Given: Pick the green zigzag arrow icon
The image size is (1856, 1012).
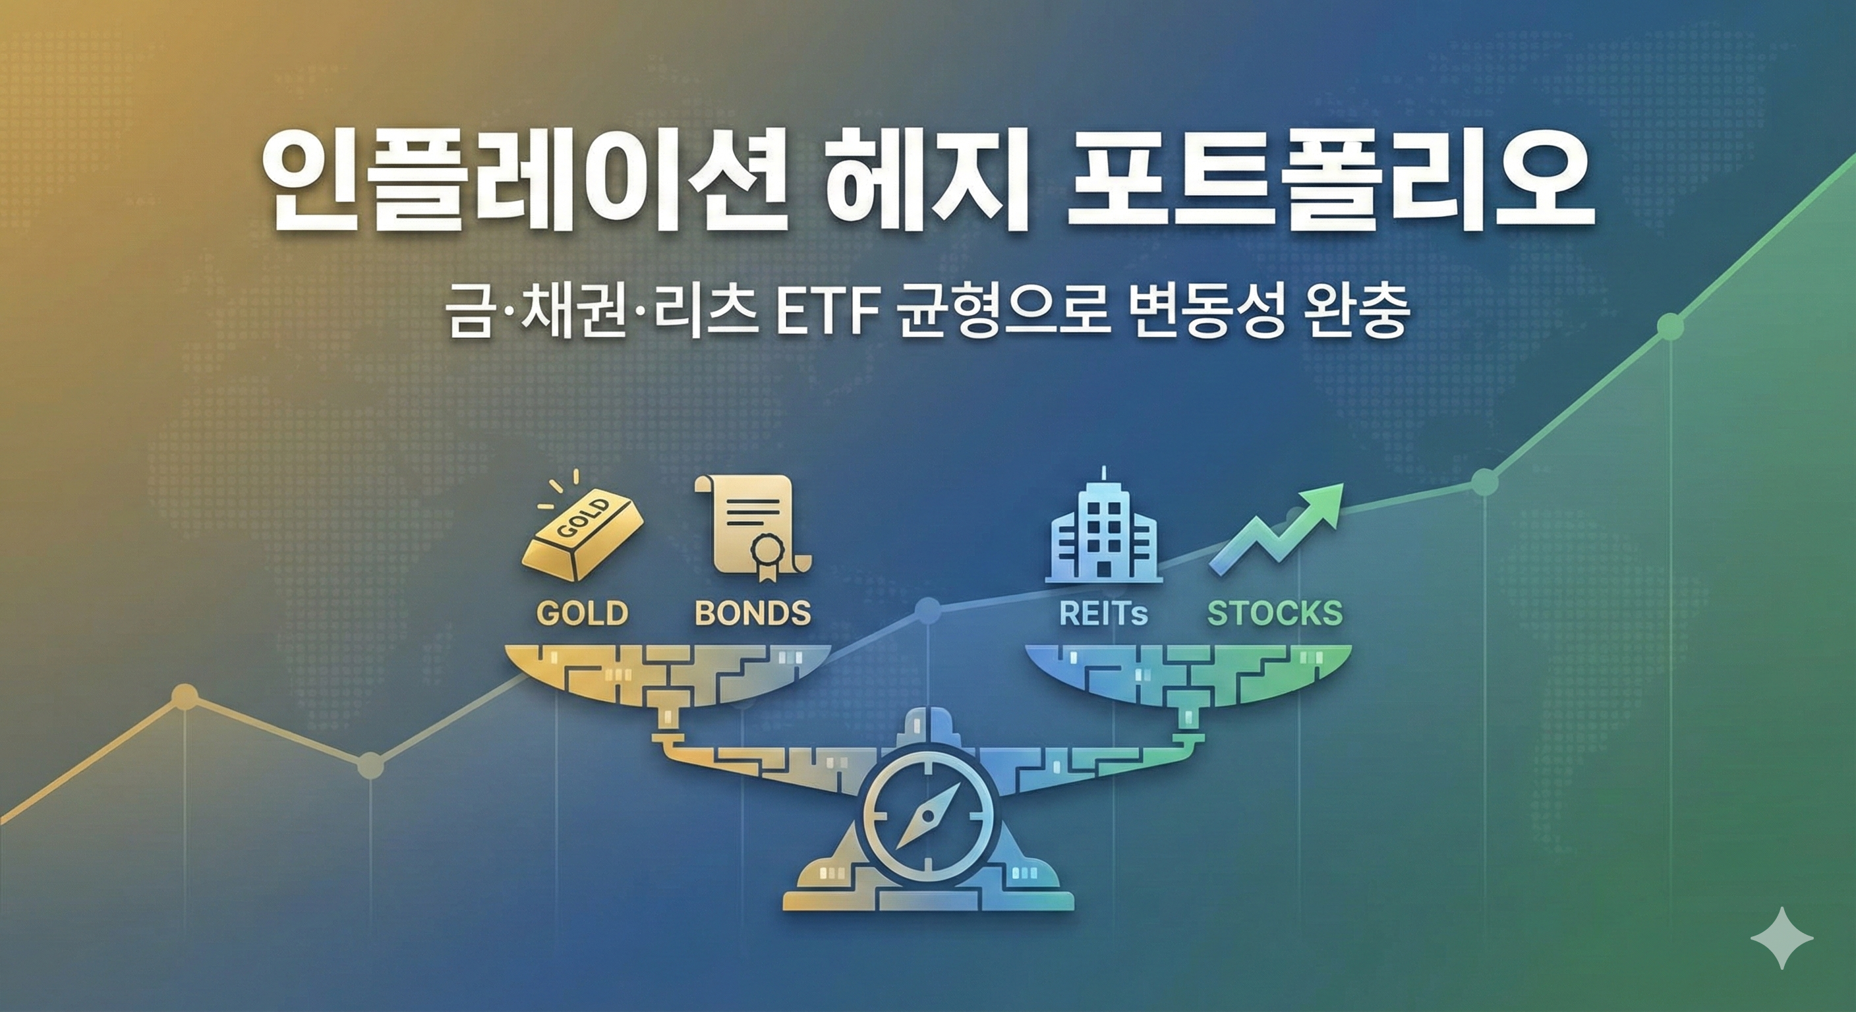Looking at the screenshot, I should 1276,530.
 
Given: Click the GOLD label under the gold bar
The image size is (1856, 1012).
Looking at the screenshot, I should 582,613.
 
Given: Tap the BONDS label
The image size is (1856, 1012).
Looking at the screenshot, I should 752,613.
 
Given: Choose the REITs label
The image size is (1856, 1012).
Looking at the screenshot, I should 1103,613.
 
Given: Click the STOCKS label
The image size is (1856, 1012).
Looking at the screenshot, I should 1275,613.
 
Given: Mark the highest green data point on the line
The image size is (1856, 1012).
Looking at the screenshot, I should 1669,326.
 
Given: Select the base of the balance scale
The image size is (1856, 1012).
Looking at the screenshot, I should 928,897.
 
